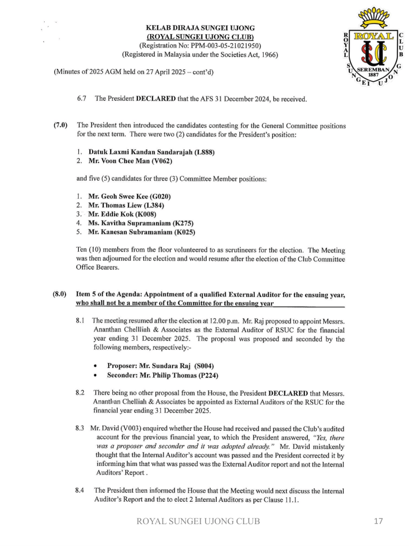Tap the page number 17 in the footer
coord(378,521)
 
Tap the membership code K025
coord(184,232)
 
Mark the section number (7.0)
coord(60,126)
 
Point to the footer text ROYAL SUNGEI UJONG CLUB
coord(199,521)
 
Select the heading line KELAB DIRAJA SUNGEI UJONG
coord(200,27)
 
